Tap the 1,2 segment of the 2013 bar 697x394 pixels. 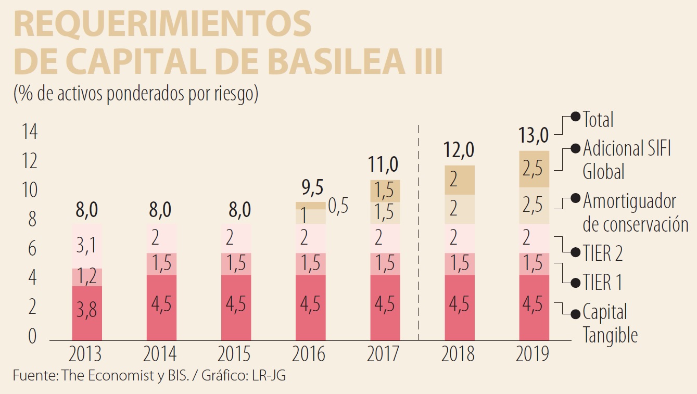86,277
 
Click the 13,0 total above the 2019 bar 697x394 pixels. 533,136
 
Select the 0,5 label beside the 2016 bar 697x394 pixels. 338,206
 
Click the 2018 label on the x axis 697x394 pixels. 458,354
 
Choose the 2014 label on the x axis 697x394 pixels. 160,354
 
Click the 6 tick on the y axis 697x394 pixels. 32,249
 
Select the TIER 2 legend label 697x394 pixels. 602,253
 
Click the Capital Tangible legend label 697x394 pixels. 609,323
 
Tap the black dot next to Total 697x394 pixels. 576,117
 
